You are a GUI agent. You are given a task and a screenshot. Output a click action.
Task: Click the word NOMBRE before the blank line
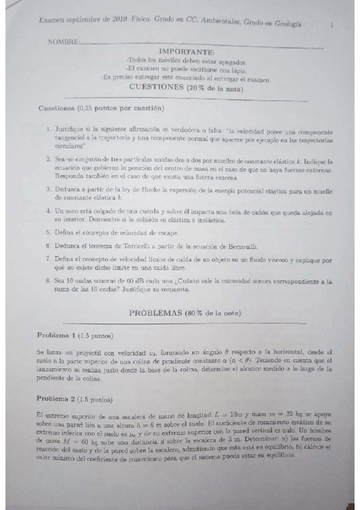[63, 41]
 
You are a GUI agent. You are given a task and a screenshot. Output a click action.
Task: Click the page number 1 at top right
[331, 25]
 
